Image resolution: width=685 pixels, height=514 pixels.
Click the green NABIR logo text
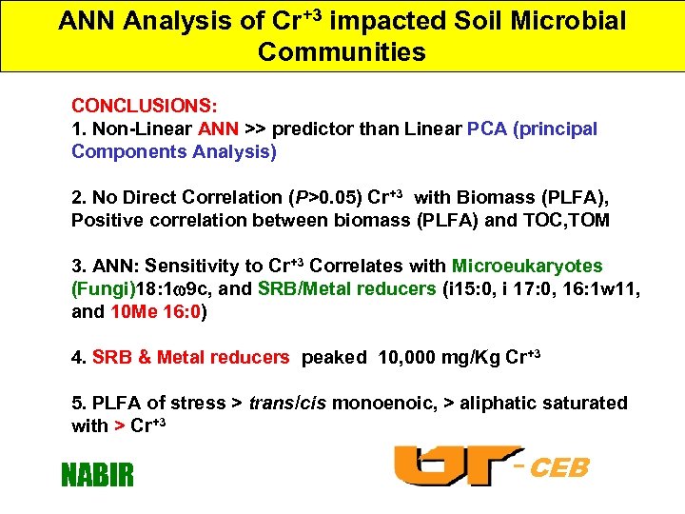pos(97,473)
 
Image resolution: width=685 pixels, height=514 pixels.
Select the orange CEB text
pos(558,468)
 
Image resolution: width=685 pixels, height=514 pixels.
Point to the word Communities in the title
pos(342,51)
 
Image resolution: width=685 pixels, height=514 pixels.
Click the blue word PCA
pos(487,128)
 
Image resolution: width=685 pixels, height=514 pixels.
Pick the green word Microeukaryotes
pos(527,267)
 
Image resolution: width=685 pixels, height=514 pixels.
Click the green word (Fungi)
pos(104,289)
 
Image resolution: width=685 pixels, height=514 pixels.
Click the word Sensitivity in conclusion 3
pos(193,267)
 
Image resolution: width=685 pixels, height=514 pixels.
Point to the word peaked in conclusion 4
pos(334,358)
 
